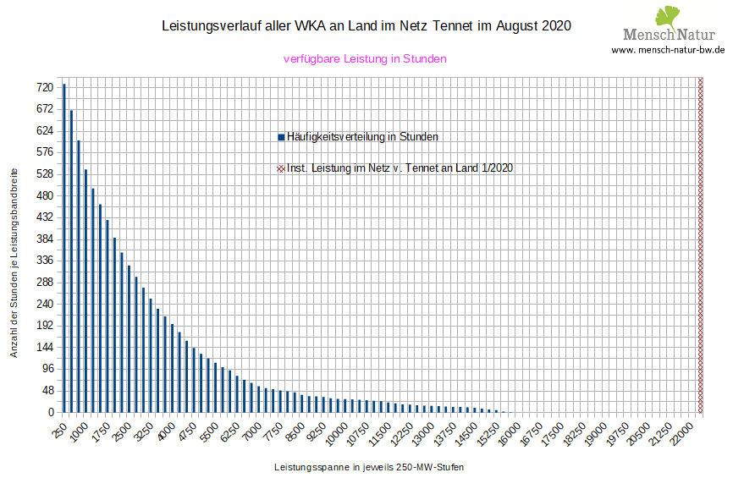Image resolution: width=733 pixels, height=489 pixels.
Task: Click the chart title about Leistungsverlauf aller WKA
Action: pos(366,26)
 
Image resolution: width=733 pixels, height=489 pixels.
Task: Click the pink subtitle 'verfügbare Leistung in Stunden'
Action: pos(365,59)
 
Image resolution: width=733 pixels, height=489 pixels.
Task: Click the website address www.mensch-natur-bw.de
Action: pos(668,50)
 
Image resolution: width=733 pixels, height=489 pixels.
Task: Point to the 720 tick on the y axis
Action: pos(44,87)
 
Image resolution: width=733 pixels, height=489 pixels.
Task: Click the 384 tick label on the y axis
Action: pos(44,239)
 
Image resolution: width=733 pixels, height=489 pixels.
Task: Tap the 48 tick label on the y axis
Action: pos(47,391)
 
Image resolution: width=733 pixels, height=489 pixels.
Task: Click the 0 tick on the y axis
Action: pos(49,412)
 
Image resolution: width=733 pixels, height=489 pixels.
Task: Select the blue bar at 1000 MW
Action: pos(85,291)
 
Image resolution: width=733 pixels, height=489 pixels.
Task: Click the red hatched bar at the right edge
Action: pos(700,245)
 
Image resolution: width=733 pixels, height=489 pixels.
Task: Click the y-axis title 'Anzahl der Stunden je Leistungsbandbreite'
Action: pos(14,261)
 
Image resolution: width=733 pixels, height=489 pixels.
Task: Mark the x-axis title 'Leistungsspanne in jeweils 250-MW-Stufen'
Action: pos(369,467)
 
